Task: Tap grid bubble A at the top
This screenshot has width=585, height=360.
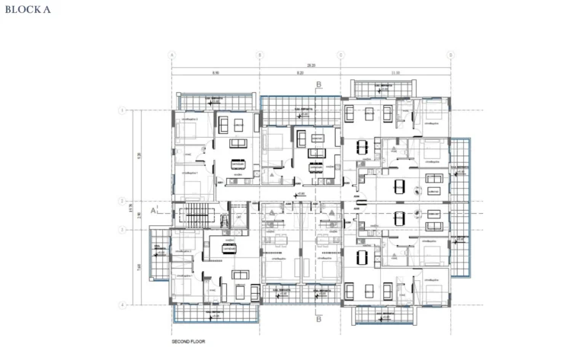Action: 171,55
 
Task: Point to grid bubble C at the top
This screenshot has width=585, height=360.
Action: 340,55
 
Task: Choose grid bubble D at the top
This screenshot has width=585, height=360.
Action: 451,55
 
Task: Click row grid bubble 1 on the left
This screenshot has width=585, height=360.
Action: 122,110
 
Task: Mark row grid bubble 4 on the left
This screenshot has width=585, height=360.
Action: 122,304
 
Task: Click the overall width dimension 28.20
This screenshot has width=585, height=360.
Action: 311,65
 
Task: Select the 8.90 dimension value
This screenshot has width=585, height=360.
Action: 216,73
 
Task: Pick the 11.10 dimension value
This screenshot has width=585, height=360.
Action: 395,73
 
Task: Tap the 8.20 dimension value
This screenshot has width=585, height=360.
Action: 300,73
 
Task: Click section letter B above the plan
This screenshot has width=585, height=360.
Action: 319,84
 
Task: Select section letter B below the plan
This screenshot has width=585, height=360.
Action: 319,320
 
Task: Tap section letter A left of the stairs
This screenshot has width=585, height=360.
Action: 154,210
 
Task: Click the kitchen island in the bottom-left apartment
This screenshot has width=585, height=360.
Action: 228,246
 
